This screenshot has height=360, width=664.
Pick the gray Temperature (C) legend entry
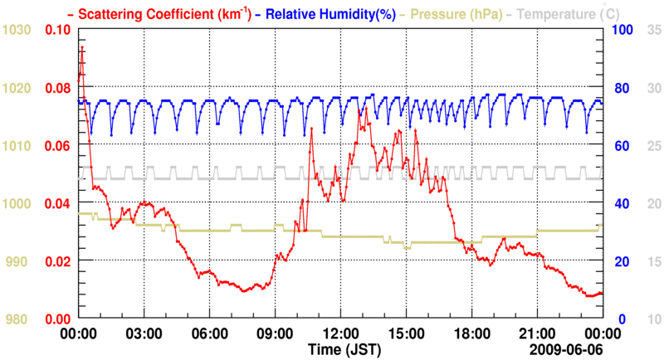563,13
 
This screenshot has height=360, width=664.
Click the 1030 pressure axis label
17,30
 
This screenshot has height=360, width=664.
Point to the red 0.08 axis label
58,88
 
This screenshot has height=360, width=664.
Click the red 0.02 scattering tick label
58,261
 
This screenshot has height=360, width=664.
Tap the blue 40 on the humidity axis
619,203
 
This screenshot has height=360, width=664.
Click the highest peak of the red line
81,47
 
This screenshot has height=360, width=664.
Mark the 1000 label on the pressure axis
17,203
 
